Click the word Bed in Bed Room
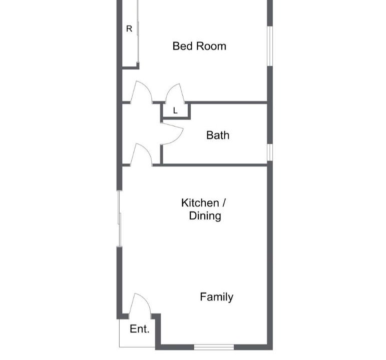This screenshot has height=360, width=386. coord(181,46)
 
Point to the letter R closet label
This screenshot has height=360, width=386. coord(129,29)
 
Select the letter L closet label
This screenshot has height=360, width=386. coord(175,110)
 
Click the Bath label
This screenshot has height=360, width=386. coord(218,135)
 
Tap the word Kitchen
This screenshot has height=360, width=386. coord(200,203)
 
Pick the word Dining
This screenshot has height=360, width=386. coord(205,216)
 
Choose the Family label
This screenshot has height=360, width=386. coord(217,297)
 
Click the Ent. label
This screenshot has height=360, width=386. coord(140,329)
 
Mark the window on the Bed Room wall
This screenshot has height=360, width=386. coord(270,46)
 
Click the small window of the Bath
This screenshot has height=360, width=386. coord(270,152)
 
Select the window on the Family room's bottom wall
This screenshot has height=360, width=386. coord(214,347)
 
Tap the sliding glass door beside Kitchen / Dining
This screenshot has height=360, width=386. coord(119,218)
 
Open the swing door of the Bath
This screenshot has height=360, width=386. coord(172,133)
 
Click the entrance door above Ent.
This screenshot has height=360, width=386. coord(140,304)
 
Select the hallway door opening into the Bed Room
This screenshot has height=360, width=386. coord(141,91)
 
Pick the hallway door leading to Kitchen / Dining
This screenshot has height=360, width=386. coord(141,154)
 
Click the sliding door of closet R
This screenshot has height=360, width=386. coord(138,31)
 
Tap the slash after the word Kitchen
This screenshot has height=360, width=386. coord(224,203)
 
